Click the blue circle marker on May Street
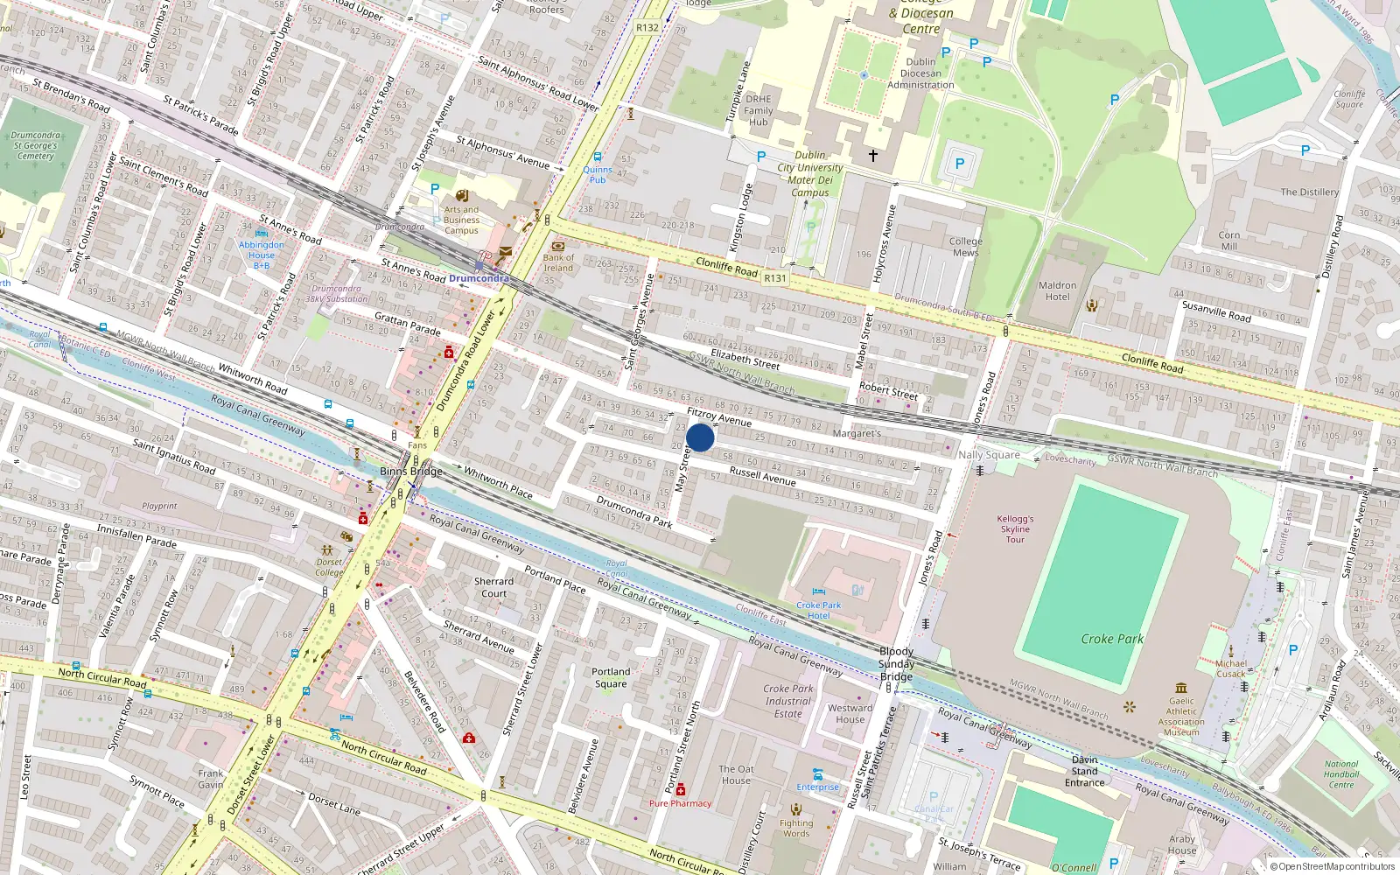(700, 437)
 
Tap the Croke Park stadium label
(1111, 639)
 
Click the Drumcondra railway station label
(479, 278)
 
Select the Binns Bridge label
(411, 471)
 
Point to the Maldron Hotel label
(1057, 290)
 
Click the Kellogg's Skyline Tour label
(1015, 528)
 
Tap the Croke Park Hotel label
(818, 610)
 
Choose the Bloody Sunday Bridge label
(896, 663)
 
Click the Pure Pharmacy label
(680, 803)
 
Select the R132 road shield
(647, 27)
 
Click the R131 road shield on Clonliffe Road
(774, 278)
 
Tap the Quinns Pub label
(598, 174)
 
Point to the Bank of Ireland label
(558, 262)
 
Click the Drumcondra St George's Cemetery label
(36, 145)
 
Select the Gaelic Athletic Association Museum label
(1181, 716)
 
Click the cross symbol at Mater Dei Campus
(872, 155)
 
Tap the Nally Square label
(989, 454)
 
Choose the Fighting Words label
(796, 828)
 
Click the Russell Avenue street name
(762, 475)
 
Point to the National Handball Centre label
(1340, 774)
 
